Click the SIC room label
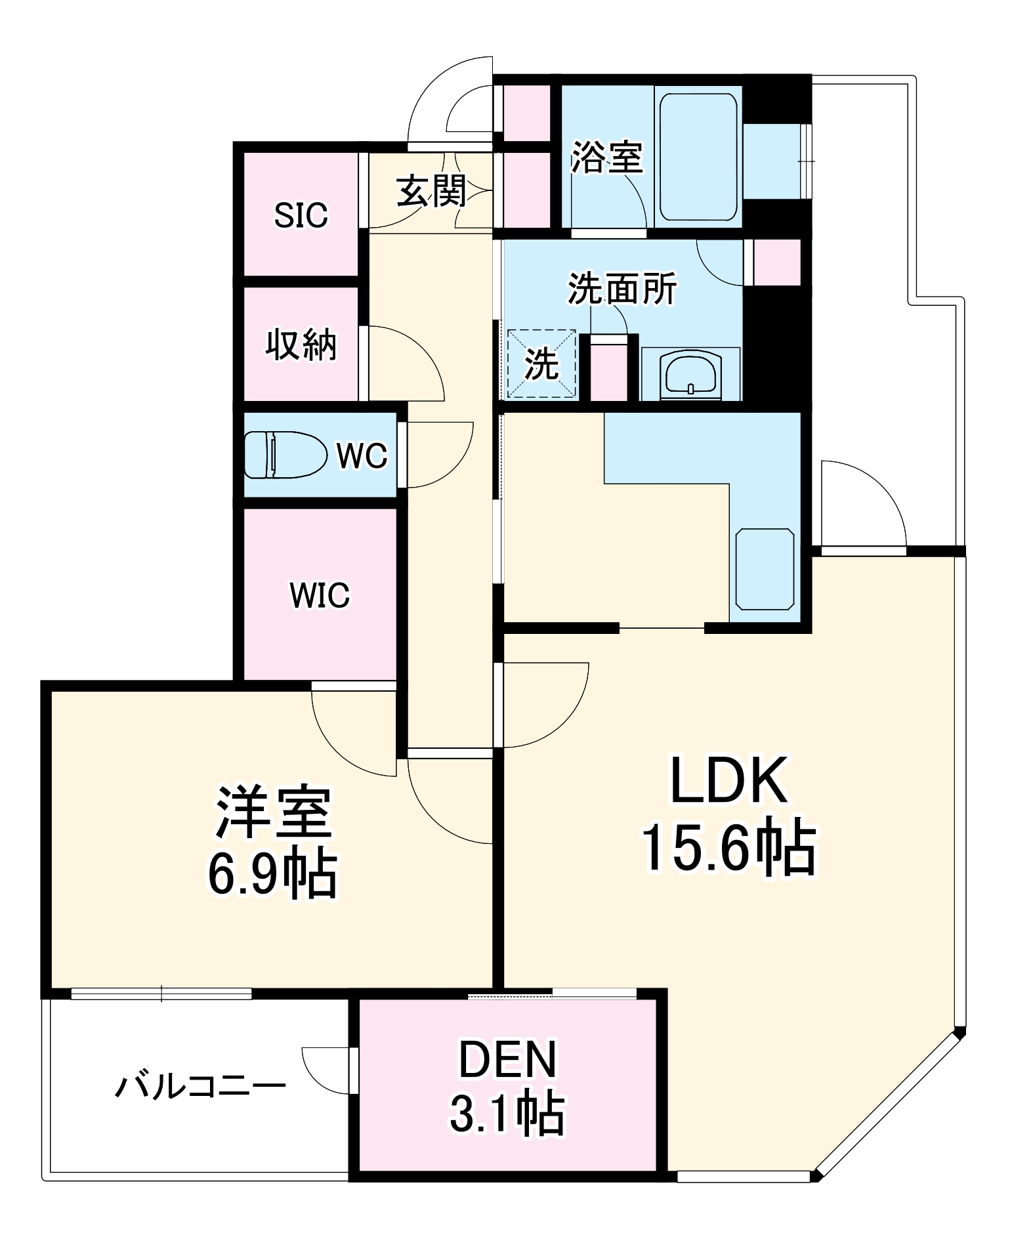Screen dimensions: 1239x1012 (x=301, y=215)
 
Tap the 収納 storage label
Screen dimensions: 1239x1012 (x=301, y=344)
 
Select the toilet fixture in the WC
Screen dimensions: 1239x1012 (x=285, y=454)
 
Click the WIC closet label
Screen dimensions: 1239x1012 (x=320, y=595)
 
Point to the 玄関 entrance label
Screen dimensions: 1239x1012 (x=431, y=191)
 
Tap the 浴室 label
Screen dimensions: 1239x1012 (x=606, y=157)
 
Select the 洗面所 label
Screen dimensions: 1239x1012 (x=622, y=289)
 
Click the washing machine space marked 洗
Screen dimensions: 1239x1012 (x=541, y=364)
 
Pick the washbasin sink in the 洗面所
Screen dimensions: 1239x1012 (x=691, y=374)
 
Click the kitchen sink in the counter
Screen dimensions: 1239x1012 (x=765, y=568)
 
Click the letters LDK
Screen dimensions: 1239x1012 (x=728, y=781)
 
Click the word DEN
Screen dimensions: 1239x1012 (x=507, y=1060)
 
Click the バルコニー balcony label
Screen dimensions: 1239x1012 (x=200, y=1086)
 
